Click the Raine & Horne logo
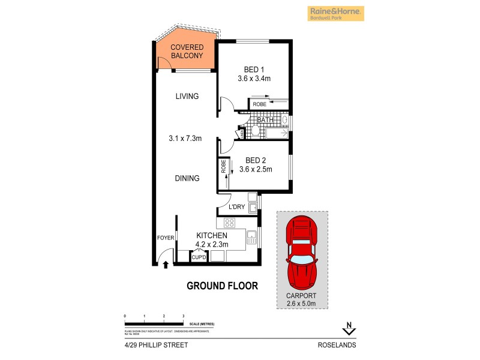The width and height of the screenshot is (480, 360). click(335, 13)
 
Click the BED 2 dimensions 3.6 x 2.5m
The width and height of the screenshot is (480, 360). click(256, 169)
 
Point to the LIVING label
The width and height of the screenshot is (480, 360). click(187, 97)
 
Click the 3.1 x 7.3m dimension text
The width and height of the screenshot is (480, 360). click(185, 139)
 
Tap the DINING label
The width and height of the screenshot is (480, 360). click(187, 178)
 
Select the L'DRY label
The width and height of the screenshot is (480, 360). click(237, 207)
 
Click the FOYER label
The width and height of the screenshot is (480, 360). click(166, 238)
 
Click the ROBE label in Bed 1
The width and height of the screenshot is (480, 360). click(259, 104)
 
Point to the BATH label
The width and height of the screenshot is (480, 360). click(265, 120)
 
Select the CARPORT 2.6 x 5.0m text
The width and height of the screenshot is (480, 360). click(302, 299)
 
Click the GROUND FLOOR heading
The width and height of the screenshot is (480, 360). click(222, 286)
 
